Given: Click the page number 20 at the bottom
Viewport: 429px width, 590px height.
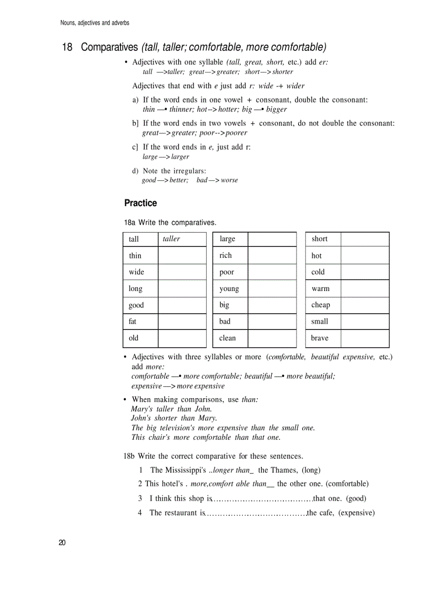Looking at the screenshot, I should (62, 543).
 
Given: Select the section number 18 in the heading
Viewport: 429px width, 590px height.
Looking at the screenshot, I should (67, 47).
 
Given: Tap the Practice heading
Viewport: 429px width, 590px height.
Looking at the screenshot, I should (140, 203).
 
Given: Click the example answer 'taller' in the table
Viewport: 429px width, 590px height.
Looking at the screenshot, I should (171, 239).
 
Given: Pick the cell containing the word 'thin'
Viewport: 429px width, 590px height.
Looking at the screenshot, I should (140, 256).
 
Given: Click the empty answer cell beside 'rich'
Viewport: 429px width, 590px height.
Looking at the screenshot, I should (272, 256).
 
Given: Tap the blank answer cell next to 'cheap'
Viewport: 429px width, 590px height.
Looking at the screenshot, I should (364, 305).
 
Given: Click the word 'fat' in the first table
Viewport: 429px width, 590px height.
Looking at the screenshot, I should (132, 321).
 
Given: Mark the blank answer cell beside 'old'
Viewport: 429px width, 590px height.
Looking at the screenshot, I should (182, 338).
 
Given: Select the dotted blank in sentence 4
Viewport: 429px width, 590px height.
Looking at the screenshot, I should (256, 513).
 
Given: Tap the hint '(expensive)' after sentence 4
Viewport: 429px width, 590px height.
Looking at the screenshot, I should (356, 513).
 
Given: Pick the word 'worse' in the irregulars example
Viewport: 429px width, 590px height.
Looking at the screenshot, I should (229, 180).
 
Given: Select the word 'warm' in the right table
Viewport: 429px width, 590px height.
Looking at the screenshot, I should (321, 288).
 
